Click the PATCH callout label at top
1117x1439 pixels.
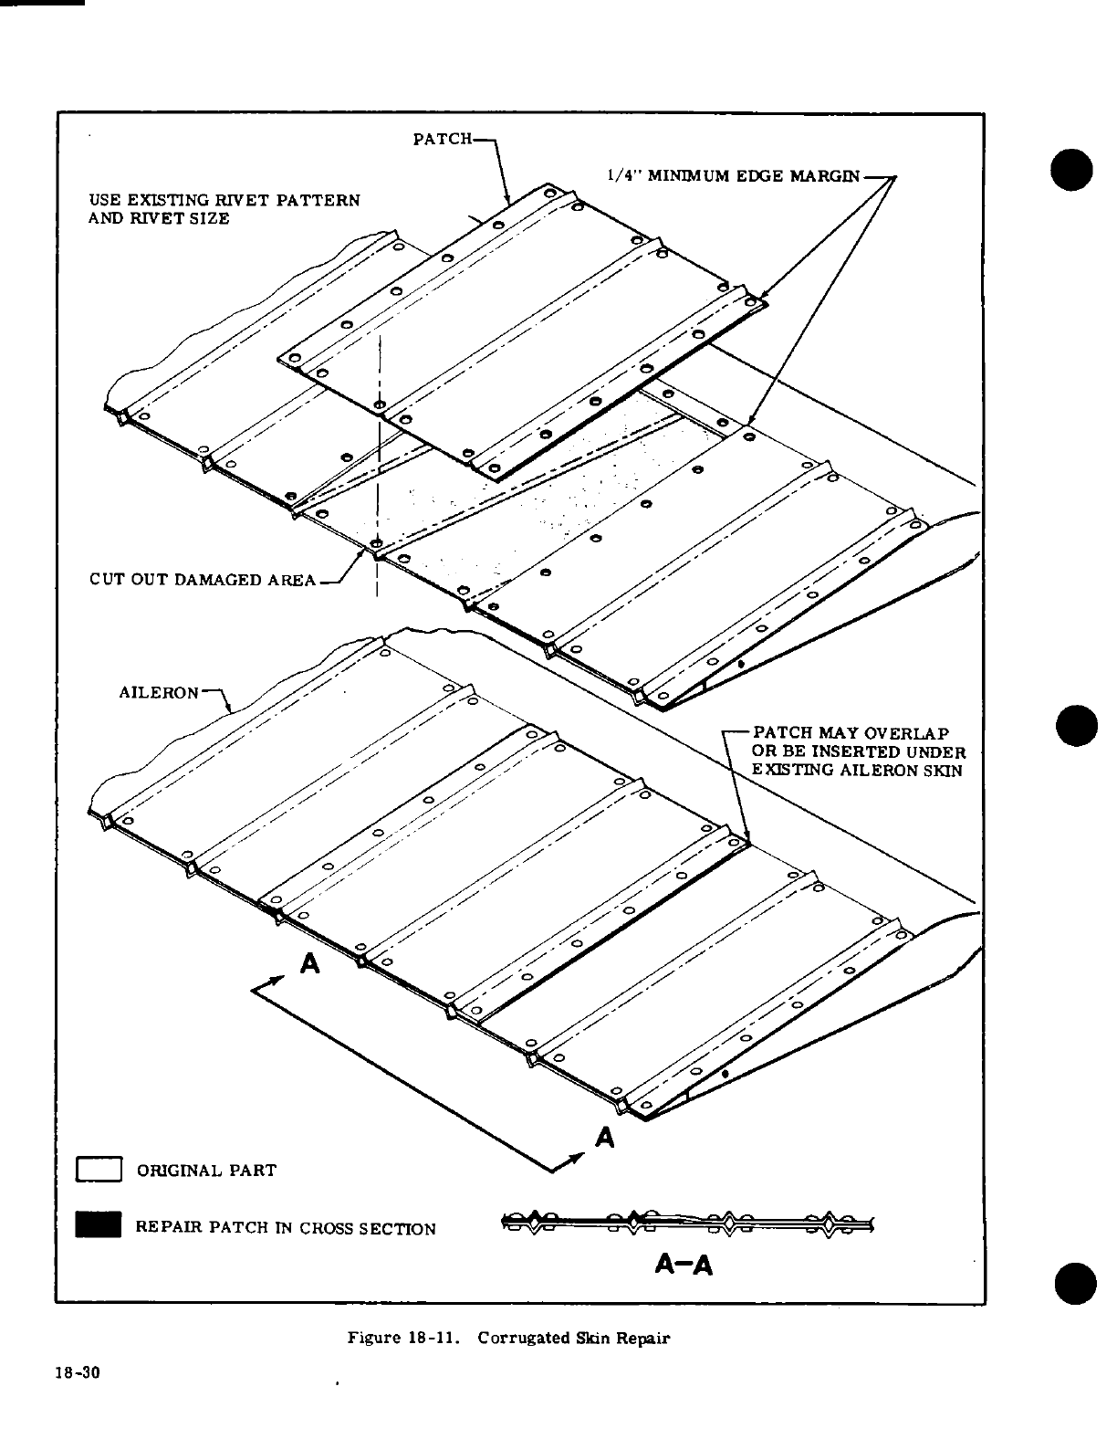click(443, 140)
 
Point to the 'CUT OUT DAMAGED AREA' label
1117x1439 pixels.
click(203, 579)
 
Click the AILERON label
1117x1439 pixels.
click(159, 692)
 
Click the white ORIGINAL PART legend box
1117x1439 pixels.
click(99, 1170)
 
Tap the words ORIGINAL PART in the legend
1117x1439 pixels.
click(205, 1171)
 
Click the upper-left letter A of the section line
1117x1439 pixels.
click(310, 964)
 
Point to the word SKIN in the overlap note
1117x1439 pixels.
click(947, 770)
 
